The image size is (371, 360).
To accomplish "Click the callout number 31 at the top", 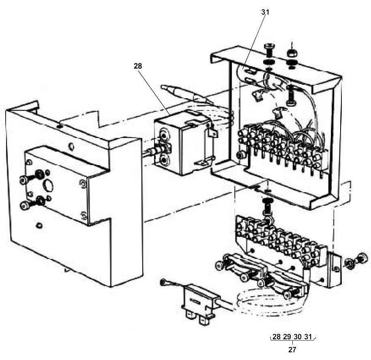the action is (x=265, y=12).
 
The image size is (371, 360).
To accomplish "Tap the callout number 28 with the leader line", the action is (x=138, y=66).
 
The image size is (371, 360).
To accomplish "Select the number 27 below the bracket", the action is (x=292, y=349).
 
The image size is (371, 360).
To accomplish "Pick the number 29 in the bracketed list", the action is (x=287, y=336).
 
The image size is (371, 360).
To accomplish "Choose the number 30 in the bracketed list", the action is (x=298, y=336).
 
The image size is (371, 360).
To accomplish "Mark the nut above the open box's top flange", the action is (x=292, y=52).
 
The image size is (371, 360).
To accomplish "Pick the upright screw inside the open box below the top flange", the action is (x=291, y=96).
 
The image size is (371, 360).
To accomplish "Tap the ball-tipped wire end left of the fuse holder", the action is (x=163, y=282).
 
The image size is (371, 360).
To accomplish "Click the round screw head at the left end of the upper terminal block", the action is (x=241, y=155).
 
